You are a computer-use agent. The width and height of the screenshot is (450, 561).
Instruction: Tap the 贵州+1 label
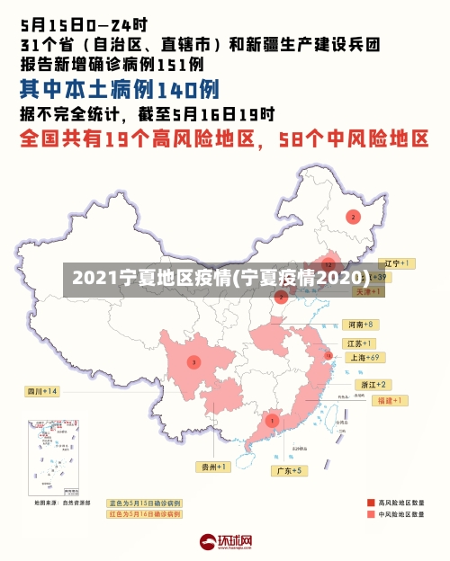(213, 467)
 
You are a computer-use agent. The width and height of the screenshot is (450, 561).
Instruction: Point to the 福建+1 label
(367, 400)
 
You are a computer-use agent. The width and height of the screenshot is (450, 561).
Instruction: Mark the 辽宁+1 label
(396, 263)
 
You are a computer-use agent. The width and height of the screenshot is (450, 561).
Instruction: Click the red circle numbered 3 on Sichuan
(193, 362)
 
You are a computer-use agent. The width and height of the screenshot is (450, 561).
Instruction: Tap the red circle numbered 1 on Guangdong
(272, 420)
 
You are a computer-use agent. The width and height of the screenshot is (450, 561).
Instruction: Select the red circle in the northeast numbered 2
(353, 217)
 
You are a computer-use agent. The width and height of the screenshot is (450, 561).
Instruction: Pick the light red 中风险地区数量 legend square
(371, 514)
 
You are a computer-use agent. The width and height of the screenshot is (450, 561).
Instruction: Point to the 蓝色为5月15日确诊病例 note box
(144, 503)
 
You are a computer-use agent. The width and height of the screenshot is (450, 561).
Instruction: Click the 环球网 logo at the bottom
(226, 542)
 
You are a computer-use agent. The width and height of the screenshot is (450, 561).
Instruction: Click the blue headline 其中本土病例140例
(120, 90)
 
